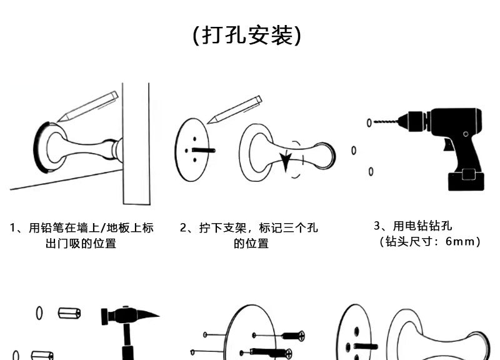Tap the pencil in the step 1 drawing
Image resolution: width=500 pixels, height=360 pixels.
coord(88,107)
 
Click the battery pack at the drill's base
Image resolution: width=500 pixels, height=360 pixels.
coord(467,179)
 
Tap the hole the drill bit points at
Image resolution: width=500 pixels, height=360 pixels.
coord(368,122)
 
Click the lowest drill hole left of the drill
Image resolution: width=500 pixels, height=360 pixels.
coord(371,171)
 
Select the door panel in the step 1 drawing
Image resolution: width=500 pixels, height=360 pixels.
coord(136,144)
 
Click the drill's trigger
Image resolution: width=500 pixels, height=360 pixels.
coord(447,145)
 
